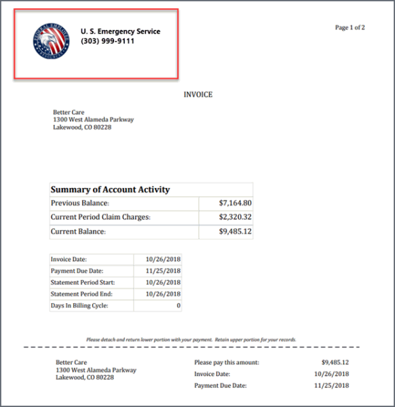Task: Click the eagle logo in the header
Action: (x=50, y=41)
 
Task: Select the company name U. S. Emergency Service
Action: (x=120, y=31)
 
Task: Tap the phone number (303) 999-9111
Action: (x=107, y=41)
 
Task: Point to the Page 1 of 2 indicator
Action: (x=350, y=28)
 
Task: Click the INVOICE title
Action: (x=197, y=95)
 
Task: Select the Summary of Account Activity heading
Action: (x=110, y=190)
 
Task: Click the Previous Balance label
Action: (x=80, y=203)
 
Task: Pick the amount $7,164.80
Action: (x=236, y=203)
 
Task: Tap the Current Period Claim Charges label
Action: (x=100, y=217)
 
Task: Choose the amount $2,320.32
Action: (x=236, y=217)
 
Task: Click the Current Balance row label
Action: (x=78, y=232)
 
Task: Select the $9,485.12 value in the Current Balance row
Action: (x=236, y=232)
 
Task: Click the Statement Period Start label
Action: (x=83, y=282)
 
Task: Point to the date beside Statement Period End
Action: (x=163, y=294)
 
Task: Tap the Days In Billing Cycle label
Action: (x=79, y=306)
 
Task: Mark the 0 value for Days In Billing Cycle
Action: (x=178, y=306)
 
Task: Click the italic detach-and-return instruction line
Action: (x=191, y=339)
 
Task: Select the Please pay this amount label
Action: (x=227, y=362)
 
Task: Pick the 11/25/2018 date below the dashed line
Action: (x=331, y=385)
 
